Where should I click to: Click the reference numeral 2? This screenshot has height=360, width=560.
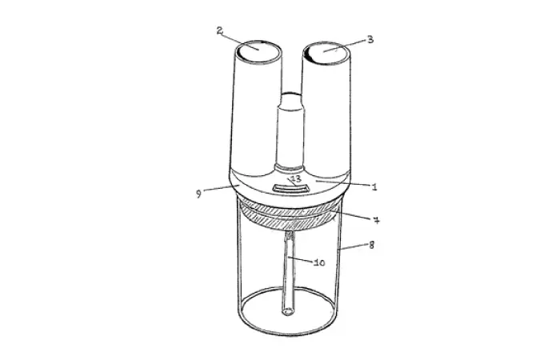(219, 30)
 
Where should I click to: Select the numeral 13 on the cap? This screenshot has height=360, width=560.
(294, 178)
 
